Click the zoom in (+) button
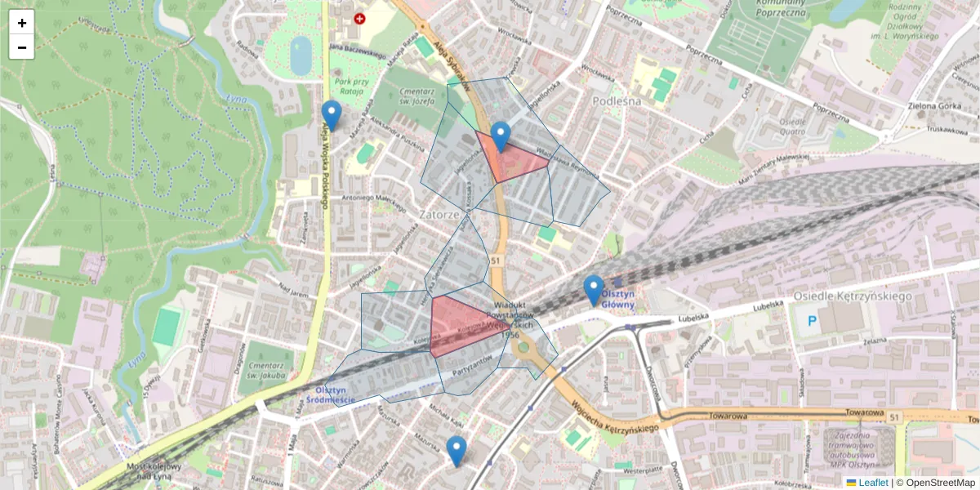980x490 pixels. (x=22, y=23)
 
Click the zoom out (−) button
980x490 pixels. (x=22, y=47)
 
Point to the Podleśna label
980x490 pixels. (x=617, y=100)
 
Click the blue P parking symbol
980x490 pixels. (x=813, y=321)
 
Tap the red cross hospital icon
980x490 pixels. (x=359, y=18)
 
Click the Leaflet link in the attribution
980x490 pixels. (x=873, y=483)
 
